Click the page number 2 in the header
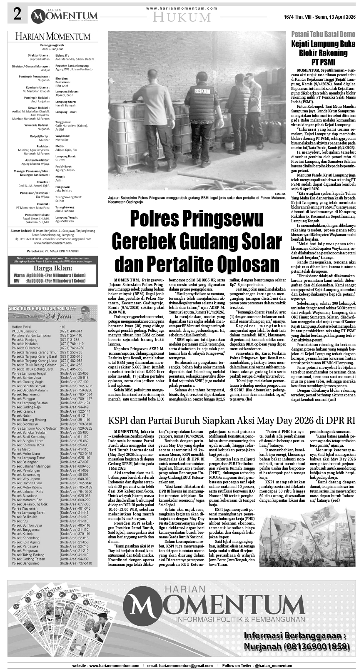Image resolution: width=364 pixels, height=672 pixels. [x=17, y=15]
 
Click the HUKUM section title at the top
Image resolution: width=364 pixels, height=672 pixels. [x=182, y=17]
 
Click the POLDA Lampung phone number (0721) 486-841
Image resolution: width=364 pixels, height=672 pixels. [x=71, y=331]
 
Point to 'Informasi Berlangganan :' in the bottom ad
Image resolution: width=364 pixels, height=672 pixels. [x=295, y=636]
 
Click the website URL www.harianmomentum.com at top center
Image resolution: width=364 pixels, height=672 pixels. [x=182, y=8]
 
